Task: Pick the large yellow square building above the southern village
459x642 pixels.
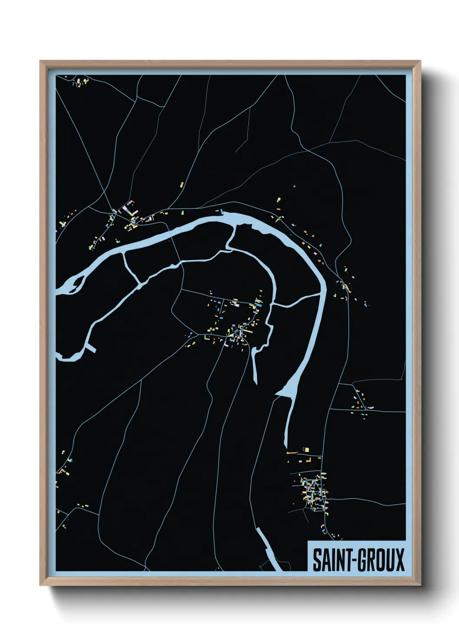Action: pos(306,449)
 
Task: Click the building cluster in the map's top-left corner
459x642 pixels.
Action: pos(80,82)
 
